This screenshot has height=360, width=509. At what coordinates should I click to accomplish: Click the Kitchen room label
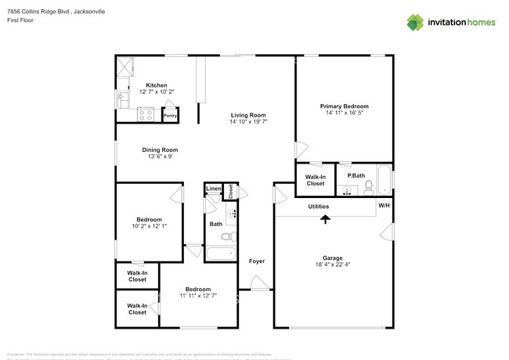tap(156, 85)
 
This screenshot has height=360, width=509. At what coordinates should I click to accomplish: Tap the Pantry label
tap(170, 116)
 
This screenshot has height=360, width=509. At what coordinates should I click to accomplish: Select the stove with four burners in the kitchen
tap(146, 114)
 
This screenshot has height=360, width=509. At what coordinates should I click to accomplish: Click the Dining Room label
tap(160, 149)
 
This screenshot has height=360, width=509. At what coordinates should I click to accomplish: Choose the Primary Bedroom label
tap(344, 106)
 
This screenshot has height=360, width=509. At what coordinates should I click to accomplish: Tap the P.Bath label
tap(356, 176)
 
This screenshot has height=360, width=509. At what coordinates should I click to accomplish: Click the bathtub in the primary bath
tap(383, 179)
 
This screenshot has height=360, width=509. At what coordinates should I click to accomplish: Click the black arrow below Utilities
tap(325, 219)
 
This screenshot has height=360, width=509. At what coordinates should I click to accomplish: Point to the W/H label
tap(384, 207)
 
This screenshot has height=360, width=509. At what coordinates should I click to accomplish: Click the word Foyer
tap(257, 261)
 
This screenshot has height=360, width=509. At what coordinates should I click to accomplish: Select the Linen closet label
tap(213, 189)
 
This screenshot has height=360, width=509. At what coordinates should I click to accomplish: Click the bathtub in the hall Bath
tap(220, 254)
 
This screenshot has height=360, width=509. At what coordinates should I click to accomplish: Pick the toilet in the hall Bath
tap(226, 236)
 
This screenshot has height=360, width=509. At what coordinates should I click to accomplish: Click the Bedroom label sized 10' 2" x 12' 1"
tap(149, 219)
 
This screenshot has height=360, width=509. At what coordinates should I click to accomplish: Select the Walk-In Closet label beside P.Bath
tap(316, 180)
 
